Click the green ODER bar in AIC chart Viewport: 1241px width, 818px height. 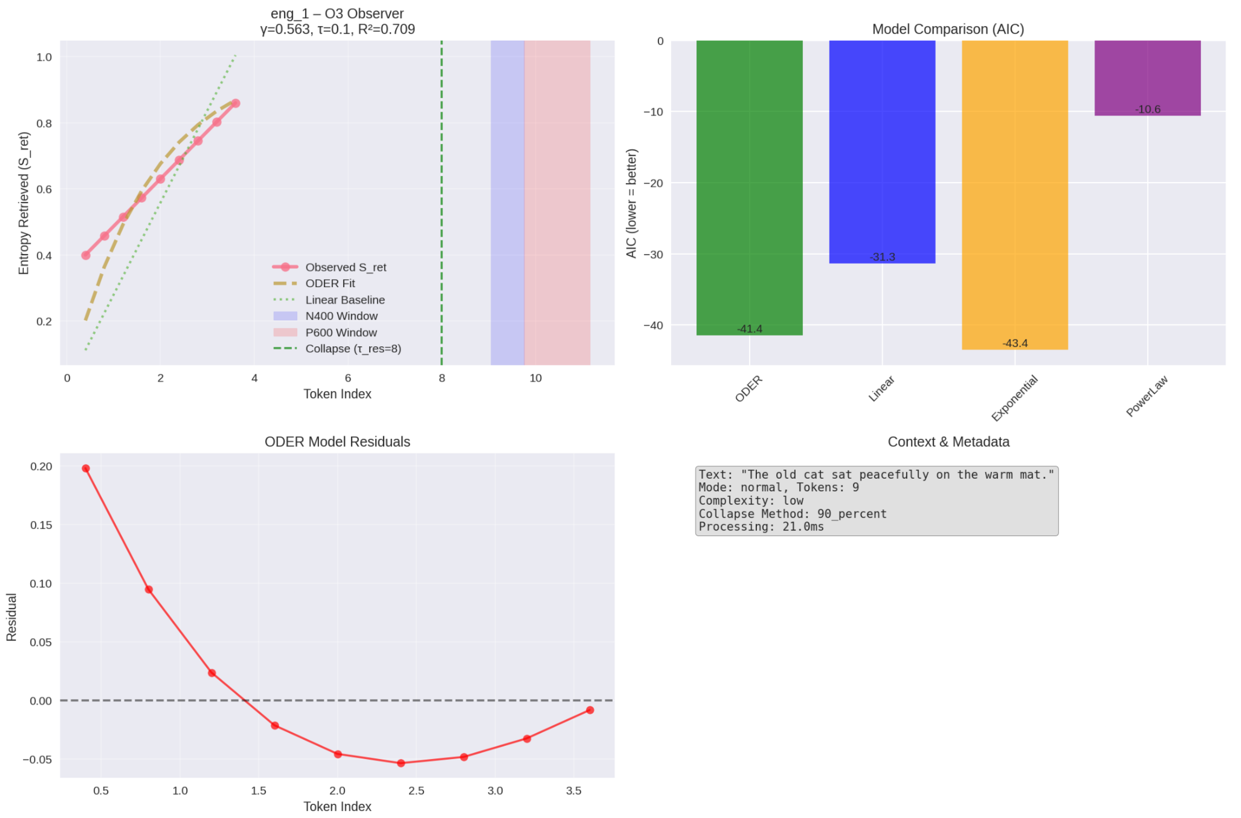[749, 188]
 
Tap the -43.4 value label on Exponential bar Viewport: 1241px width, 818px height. [1015, 343]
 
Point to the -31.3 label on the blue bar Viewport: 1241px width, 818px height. [882, 257]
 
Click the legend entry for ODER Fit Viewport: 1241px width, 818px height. [330, 283]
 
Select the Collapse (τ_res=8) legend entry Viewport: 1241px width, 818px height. [353, 348]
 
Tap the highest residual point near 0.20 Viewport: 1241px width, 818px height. [86, 468]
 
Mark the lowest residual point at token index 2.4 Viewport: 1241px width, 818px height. [401, 763]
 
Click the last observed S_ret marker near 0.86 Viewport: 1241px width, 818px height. [236, 103]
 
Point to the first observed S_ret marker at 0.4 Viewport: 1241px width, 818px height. [86, 255]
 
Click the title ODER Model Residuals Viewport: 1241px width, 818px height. [337, 442]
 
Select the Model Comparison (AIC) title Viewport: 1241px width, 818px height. [948, 29]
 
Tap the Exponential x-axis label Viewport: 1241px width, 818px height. [1015, 398]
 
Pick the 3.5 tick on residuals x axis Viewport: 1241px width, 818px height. [574, 791]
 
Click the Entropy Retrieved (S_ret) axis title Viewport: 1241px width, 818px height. [24, 203]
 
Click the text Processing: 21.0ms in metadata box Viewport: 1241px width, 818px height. [761, 527]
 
